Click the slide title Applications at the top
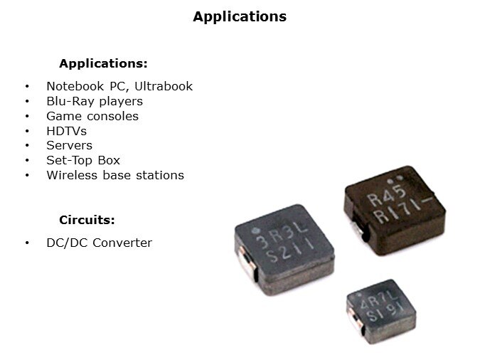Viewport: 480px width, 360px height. (x=240, y=17)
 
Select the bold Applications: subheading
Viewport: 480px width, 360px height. (x=104, y=64)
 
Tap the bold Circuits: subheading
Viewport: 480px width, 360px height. (x=87, y=220)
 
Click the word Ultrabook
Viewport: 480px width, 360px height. (x=164, y=86)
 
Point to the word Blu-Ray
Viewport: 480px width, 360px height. (x=70, y=102)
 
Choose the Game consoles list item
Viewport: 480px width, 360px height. (x=92, y=117)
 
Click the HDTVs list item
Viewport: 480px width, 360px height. (x=66, y=131)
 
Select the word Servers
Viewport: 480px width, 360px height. (x=69, y=146)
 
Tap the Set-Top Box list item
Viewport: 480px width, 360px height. (x=83, y=160)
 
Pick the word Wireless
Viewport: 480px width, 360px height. (x=72, y=175)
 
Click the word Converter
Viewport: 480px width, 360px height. (x=122, y=243)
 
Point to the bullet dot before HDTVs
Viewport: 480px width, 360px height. (x=27, y=132)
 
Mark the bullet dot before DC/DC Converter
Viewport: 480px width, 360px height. (x=27, y=243)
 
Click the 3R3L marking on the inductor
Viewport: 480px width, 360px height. (x=282, y=234)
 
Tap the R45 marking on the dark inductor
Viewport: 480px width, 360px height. (x=387, y=196)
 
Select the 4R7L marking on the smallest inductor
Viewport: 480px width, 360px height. (x=379, y=300)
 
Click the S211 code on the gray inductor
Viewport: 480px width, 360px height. (x=289, y=252)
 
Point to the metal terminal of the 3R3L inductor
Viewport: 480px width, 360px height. (x=247, y=263)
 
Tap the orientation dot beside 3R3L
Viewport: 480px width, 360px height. (x=254, y=231)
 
